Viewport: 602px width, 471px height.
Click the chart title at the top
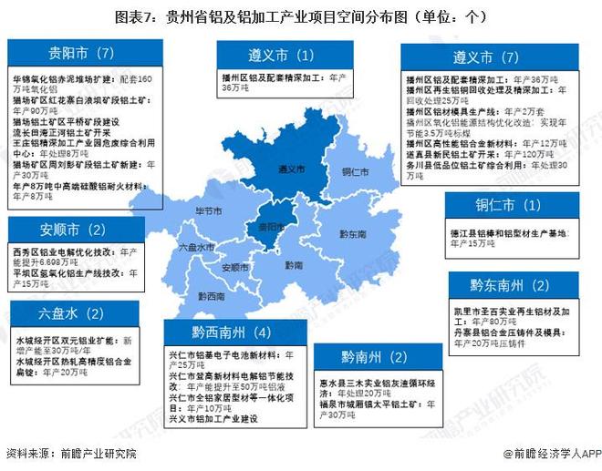pyautogui.click(x=301, y=16)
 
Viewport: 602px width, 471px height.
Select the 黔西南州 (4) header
pyautogui.click(x=232, y=332)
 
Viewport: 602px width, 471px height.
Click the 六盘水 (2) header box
pyautogui.click(x=73, y=314)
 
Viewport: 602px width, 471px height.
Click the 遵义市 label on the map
pyautogui.click(x=290, y=169)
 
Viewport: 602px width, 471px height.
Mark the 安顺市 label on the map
pyautogui.click(x=235, y=268)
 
